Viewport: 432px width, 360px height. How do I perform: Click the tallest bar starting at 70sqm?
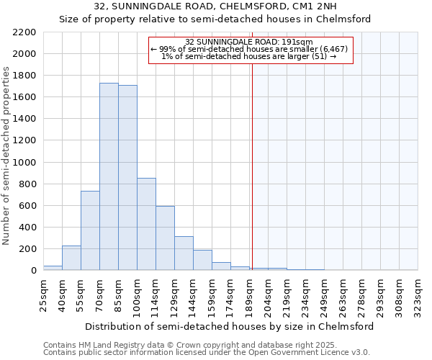109,176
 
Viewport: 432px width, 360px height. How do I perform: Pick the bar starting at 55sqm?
90,230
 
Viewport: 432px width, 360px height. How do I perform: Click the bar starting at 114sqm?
165,238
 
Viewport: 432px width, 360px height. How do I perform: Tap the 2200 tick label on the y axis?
24,32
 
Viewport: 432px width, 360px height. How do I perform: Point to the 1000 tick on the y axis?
24,163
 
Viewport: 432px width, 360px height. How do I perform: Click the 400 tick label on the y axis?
27,228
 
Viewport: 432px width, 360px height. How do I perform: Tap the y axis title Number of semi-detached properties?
7,156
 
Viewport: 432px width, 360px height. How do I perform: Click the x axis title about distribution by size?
229,326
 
